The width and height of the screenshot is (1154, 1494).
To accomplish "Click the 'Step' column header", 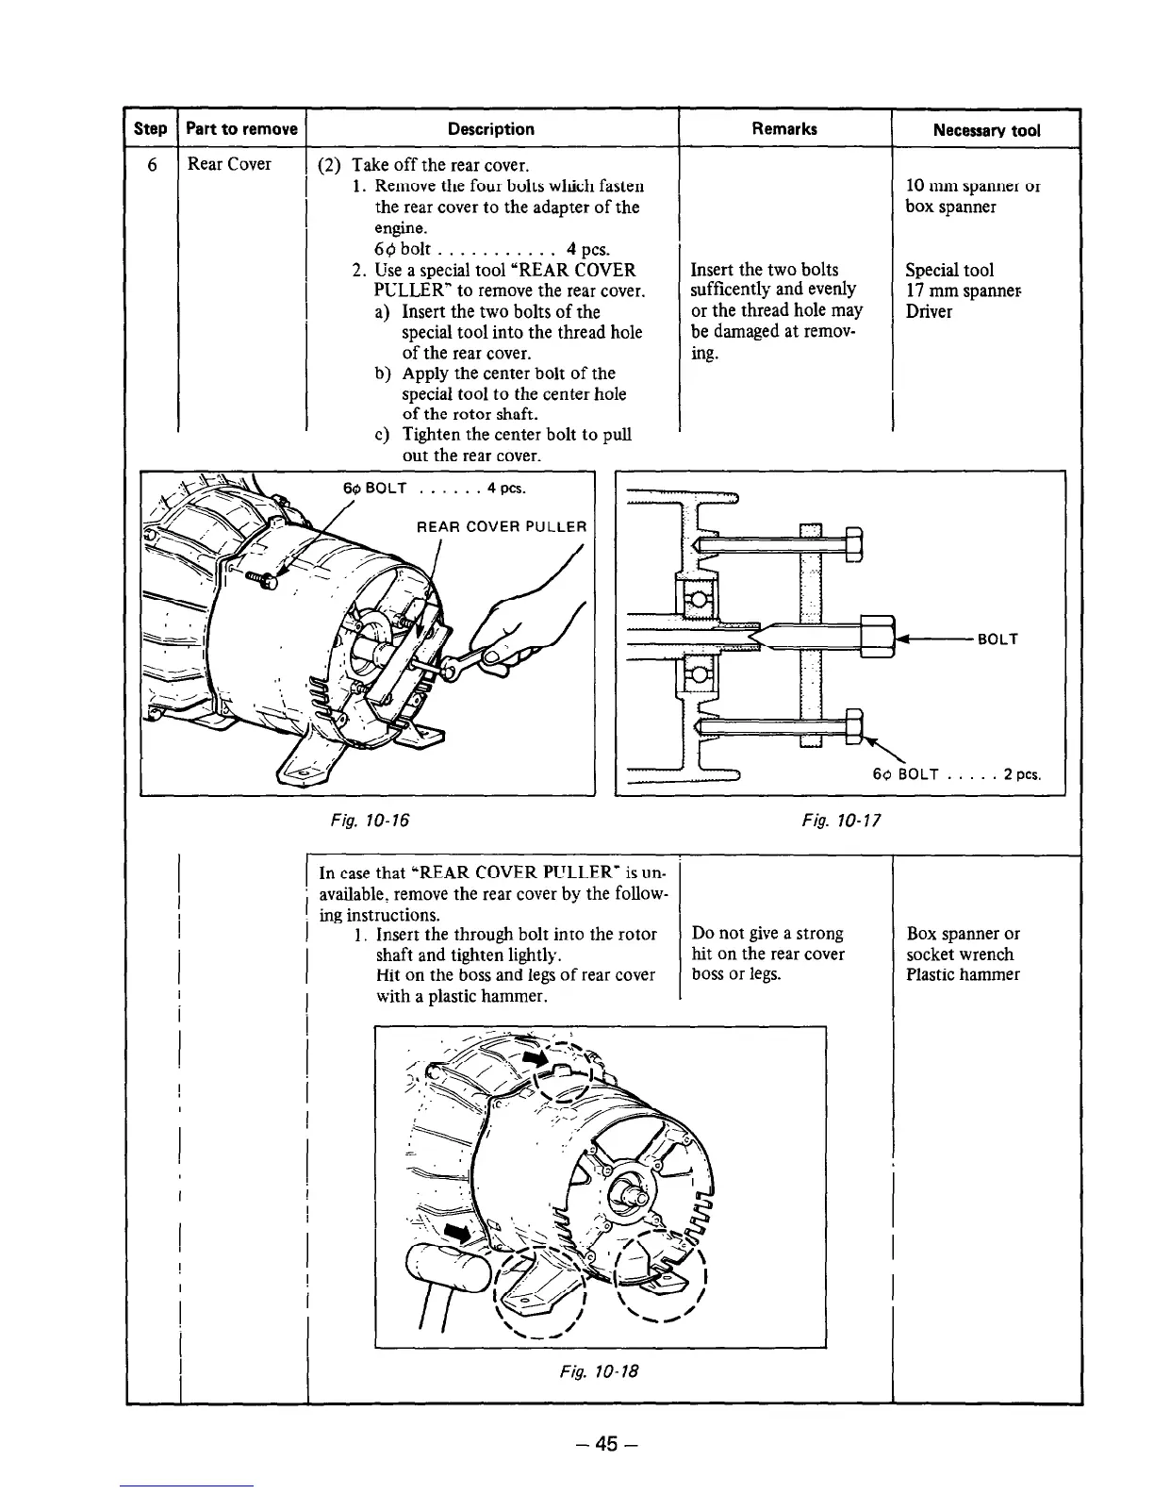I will coord(151,129).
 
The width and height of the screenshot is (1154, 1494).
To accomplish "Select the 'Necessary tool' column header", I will coord(986,130).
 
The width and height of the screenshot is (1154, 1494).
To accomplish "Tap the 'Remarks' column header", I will coord(784,129).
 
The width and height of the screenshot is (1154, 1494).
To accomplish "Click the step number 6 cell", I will coord(151,164).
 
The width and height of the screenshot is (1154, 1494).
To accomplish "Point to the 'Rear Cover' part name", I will coord(229,164).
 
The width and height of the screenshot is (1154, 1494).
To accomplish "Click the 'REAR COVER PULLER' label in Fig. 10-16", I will coord(502,526).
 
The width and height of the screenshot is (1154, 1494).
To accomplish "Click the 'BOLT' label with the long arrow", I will coord(997,639).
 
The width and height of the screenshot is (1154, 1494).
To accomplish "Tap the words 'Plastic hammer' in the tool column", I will coord(963,974).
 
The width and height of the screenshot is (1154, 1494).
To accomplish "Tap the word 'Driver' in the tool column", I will coord(929,311).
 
